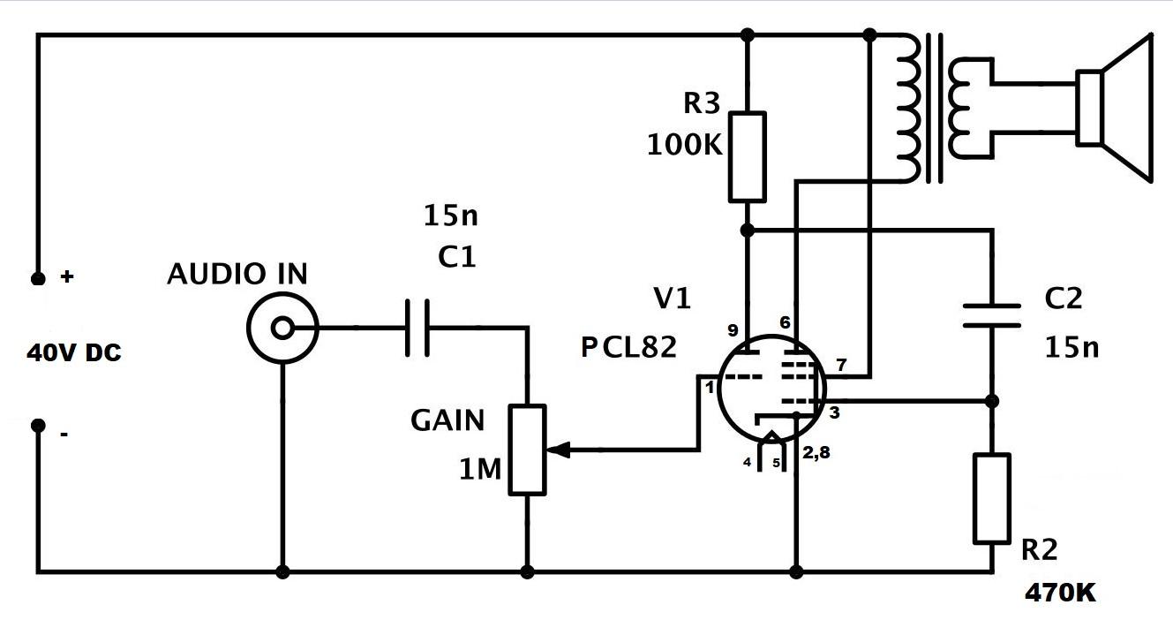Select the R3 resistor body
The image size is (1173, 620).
pyautogui.click(x=747, y=156)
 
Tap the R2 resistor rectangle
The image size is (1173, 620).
pyautogui.click(x=991, y=498)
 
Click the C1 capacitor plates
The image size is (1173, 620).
pyautogui.click(x=417, y=329)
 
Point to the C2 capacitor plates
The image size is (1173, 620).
pyautogui.click(x=991, y=315)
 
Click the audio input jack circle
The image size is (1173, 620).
pyautogui.click(x=282, y=329)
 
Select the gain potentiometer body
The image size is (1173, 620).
pyautogui.click(x=527, y=449)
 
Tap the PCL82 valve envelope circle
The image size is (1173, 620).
pyautogui.click(x=771, y=389)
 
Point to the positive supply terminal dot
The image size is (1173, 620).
pyautogui.click(x=38, y=278)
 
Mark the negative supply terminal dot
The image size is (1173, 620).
pyautogui.click(x=38, y=426)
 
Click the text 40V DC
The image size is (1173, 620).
pyautogui.click(x=74, y=353)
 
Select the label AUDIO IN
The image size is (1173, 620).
pyautogui.click(x=237, y=275)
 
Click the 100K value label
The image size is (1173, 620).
pyautogui.click(x=684, y=144)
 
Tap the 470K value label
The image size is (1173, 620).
pyautogui.click(x=1060, y=593)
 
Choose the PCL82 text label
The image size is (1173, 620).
pyautogui.click(x=628, y=347)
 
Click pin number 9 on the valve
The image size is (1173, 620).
pyautogui.click(x=733, y=331)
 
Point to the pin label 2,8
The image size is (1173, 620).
pyautogui.click(x=817, y=453)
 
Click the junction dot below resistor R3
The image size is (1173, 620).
pyautogui.click(x=747, y=230)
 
